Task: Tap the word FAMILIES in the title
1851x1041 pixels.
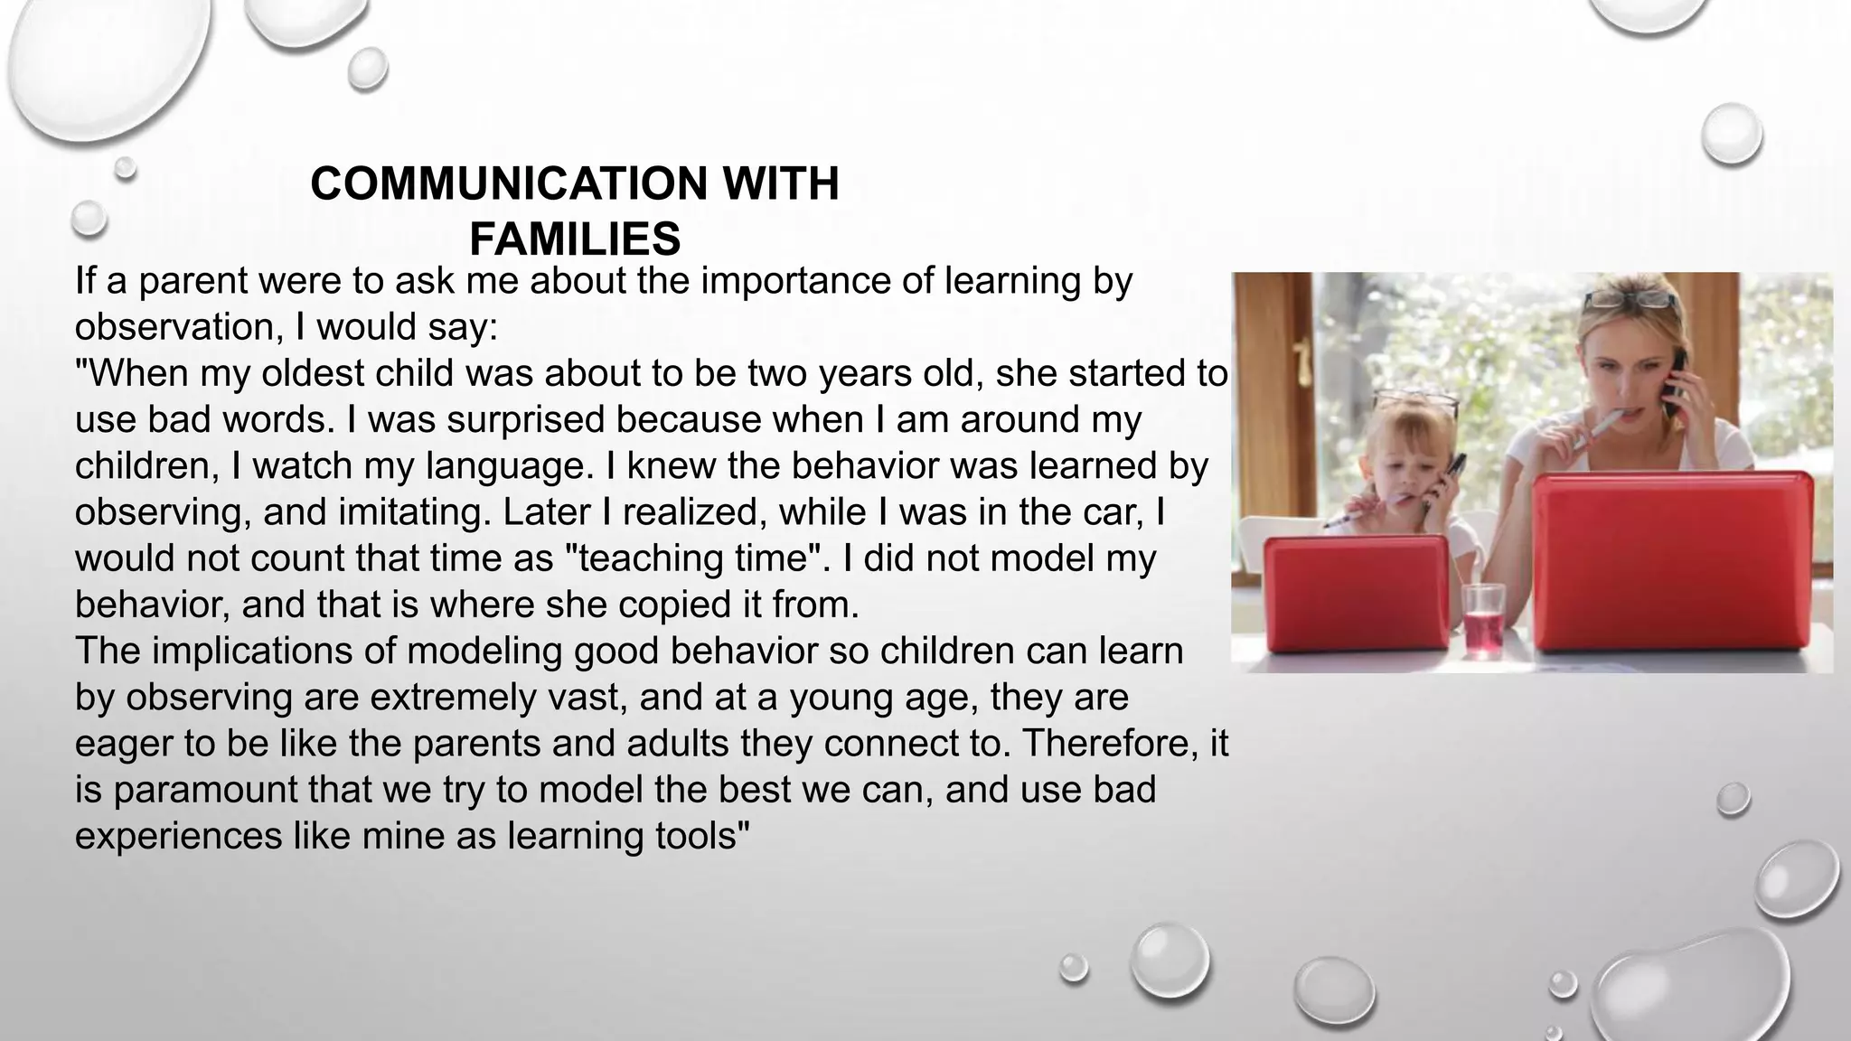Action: (x=575, y=239)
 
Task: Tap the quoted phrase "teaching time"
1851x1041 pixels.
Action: (x=691, y=558)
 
